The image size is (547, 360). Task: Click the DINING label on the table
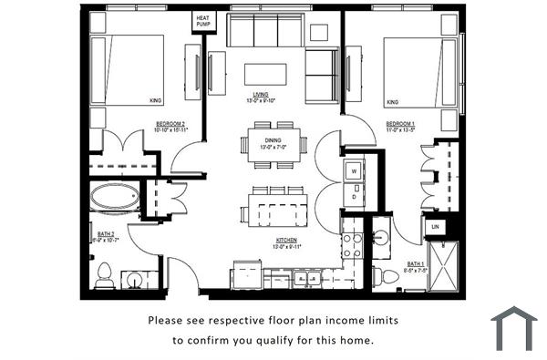(273, 142)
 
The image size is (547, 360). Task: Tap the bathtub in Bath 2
(115, 196)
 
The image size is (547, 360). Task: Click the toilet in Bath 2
(105, 273)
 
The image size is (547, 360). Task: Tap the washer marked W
(352, 170)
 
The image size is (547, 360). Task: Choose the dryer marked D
(352, 196)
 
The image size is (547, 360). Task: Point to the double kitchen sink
(305, 278)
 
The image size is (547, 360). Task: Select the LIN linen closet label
(436, 225)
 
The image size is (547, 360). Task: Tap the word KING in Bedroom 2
(155, 101)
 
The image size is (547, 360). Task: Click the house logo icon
(513, 328)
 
